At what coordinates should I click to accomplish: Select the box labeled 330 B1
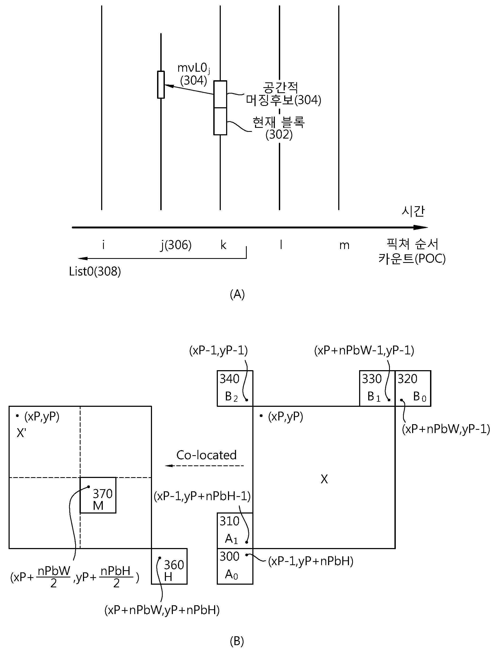[377, 388]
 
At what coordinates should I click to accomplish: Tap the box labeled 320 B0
[413, 388]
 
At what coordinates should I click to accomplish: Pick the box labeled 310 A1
[235, 531]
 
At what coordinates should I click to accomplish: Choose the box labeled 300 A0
[235, 566]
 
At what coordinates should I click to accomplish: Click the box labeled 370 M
[98, 495]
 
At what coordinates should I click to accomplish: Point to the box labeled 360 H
[169, 566]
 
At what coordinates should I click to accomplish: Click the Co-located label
[206, 455]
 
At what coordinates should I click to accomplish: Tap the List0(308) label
[95, 271]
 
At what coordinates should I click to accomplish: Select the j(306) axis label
[176, 245]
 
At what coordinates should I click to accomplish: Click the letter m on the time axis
[344, 246]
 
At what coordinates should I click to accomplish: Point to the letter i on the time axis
[103, 244]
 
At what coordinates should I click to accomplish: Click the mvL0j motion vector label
[193, 68]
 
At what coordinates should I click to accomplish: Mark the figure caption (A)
[237, 294]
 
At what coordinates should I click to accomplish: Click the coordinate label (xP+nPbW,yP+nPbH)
[162, 610]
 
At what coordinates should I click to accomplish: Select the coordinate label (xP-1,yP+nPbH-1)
[202, 496]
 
